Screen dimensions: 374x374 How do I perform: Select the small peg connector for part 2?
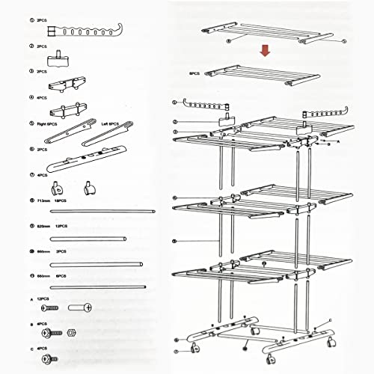[57, 58]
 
